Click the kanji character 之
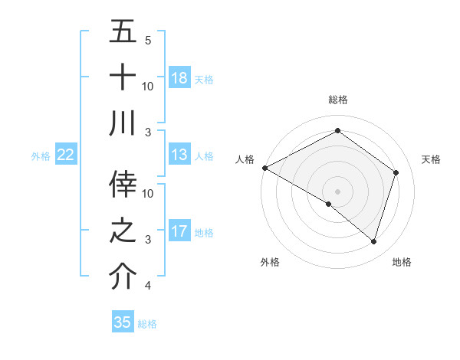pyautogui.click(x=123, y=231)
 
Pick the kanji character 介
pyautogui.click(x=123, y=277)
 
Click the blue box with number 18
pyautogui.click(x=179, y=77)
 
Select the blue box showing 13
pyautogui.click(x=179, y=155)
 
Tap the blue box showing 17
pyautogui.click(x=179, y=231)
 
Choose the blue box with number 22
pyautogui.click(x=66, y=155)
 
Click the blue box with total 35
pyautogui.click(x=123, y=322)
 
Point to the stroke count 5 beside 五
pyautogui.click(x=148, y=40)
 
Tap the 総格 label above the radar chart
pyautogui.click(x=337, y=100)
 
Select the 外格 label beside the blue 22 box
pyautogui.click(x=41, y=155)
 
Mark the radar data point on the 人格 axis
pyautogui.click(x=264, y=168)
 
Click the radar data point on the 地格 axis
pyautogui.click(x=373, y=241)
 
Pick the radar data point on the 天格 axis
pyautogui.click(x=396, y=172)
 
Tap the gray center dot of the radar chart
pyautogui.click(x=337, y=191)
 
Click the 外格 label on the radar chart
pyautogui.click(x=270, y=262)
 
